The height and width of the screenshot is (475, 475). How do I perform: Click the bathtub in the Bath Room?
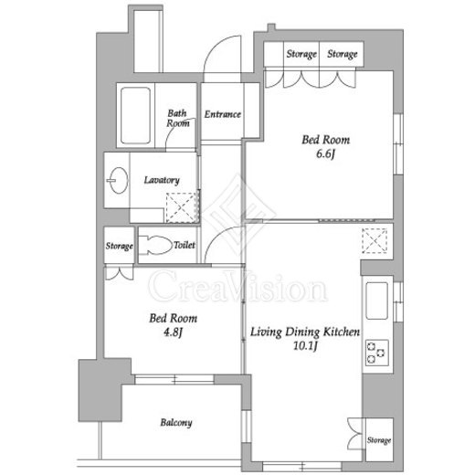(x=135, y=115)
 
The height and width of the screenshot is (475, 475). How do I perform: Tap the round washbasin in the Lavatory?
(x=118, y=180)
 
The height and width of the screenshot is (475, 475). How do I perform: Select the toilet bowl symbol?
(x=155, y=245)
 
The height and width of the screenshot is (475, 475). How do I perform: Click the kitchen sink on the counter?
(x=377, y=301)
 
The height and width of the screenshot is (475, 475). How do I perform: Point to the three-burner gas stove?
(x=377, y=353)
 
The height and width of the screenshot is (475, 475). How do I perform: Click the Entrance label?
(x=223, y=114)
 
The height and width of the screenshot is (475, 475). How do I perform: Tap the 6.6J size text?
(x=325, y=153)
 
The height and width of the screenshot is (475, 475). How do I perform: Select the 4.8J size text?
(x=173, y=332)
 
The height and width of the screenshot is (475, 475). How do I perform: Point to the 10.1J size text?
(x=305, y=345)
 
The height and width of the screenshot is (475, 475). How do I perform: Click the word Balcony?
(x=176, y=423)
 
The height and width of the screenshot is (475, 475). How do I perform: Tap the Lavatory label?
(x=162, y=180)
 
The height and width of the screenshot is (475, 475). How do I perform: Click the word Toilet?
(x=185, y=245)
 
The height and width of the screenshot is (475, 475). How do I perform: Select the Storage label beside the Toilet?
(x=119, y=246)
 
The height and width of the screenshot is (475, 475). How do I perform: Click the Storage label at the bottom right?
(x=379, y=440)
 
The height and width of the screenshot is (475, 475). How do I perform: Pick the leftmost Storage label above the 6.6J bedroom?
(x=301, y=54)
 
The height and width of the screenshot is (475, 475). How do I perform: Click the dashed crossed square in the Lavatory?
(x=182, y=207)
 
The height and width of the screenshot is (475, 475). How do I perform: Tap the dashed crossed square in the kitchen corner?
(x=375, y=241)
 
